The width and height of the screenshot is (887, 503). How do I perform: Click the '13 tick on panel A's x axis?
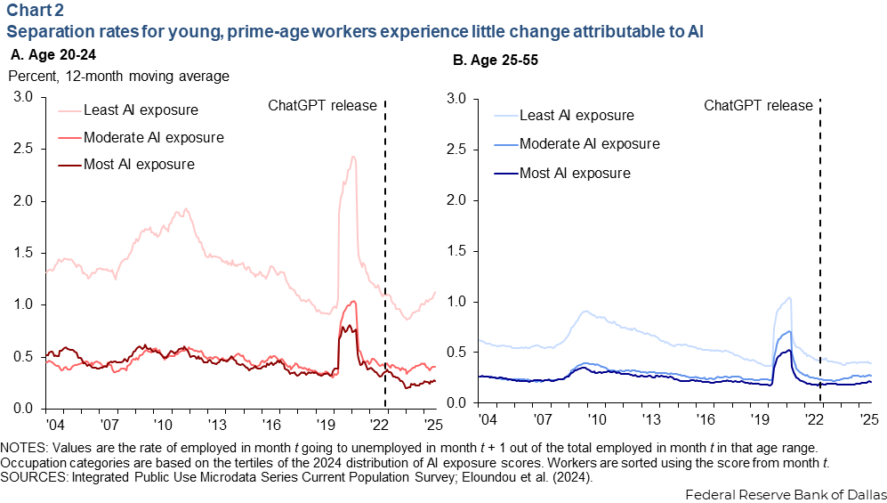pyautogui.click(x=213, y=422)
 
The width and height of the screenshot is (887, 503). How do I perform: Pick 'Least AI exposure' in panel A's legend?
pyautogui.click(x=141, y=110)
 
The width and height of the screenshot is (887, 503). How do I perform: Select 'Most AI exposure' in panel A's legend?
pyautogui.click(x=139, y=164)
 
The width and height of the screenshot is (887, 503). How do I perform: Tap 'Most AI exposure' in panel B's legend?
pyautogui.click(x=575, y=172)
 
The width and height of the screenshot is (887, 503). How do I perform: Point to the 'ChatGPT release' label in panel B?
pyautogui.click(x=759, y=105)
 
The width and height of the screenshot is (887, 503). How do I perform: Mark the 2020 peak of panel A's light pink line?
pyautogui.click(x=353, y=158)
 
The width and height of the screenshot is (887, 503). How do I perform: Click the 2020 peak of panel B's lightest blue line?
pyautogui.click(x=788, y=298)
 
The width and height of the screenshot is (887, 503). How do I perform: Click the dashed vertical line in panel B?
pyautogui.click(x=819, y=267)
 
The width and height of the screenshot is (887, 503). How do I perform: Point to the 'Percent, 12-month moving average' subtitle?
pyautogui.click(x=119, y=76)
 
